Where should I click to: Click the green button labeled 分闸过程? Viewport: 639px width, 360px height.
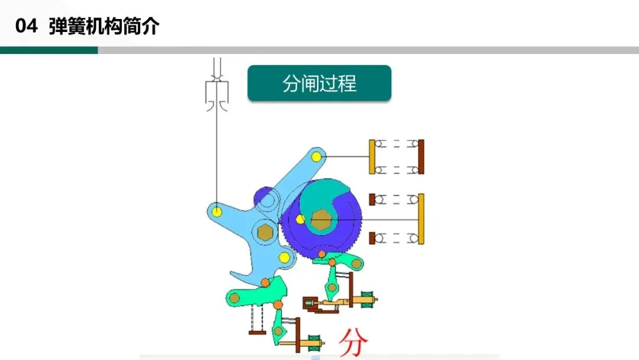319,83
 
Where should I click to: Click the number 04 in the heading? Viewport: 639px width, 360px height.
27,27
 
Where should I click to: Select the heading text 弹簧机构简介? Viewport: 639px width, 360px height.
104,27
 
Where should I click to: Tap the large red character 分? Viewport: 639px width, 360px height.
353,342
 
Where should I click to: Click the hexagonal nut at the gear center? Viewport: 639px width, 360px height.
321,220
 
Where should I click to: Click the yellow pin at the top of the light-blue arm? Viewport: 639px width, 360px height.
317,156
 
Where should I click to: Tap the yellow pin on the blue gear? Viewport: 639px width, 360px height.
301,220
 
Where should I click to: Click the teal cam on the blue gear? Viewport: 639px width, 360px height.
322,198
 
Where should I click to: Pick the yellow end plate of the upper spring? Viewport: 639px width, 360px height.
372,157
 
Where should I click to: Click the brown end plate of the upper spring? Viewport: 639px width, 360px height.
421,157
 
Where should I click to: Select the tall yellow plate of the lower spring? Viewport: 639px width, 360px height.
421,218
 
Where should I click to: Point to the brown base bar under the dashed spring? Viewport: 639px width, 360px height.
257,333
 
